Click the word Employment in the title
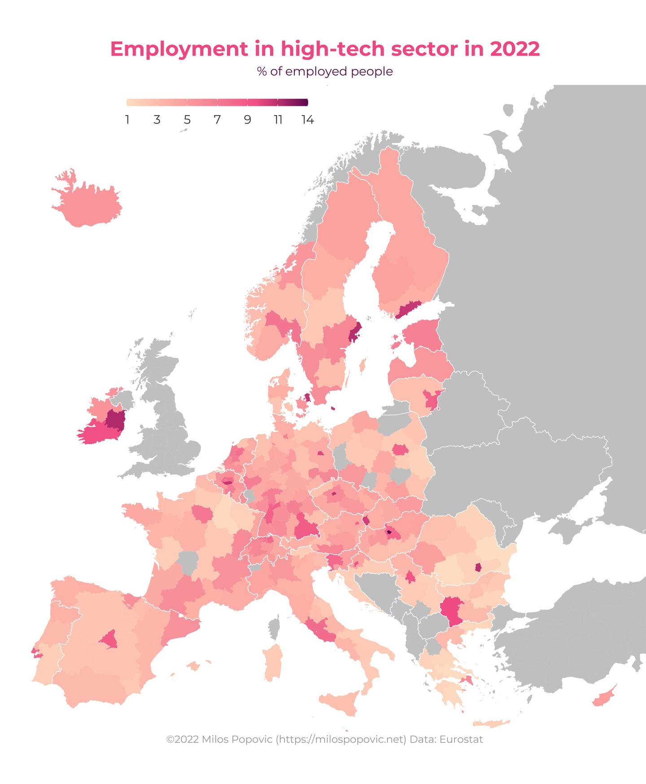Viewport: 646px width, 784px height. tap(179, 49)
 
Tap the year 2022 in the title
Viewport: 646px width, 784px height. tap(515, 49)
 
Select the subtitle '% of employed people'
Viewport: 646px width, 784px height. tap(325, 71)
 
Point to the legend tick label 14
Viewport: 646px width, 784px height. tap(307, 120)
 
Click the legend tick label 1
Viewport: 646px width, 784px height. tap(127, 120)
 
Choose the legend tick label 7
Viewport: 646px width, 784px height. tap(217, 120)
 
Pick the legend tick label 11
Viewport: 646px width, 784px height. tap(278, 120)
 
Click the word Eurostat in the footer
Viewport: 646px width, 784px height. tap(461, 739)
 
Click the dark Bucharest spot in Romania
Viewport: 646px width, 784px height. tap(478, 567)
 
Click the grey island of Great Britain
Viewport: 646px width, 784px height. tap(170, 426)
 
